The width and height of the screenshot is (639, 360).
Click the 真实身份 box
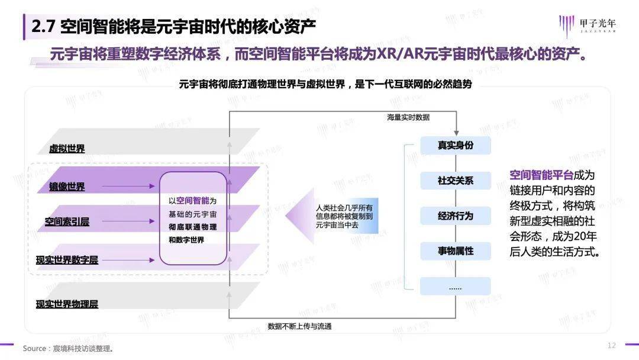coord(455,145)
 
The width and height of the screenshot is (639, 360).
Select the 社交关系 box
coord(455,181)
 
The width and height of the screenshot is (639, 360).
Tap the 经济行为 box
coord(455,216)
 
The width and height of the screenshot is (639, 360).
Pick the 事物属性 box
coord(455,251)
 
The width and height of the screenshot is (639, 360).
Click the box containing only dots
coord(455,287)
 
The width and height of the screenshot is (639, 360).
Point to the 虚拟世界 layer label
coord(67,149)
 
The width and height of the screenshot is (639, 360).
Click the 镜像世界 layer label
coord(67,187)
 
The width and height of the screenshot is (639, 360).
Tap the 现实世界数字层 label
coord(67,260)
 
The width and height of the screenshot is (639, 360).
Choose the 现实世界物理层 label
coord(67,304)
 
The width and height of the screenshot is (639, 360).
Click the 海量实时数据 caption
coord(408,117)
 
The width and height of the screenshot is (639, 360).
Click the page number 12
coord(612,345)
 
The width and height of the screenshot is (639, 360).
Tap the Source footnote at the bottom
coord(67,348)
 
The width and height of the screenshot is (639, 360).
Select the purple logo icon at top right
coord(567,26)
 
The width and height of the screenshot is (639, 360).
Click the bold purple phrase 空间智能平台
coord(541,175)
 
